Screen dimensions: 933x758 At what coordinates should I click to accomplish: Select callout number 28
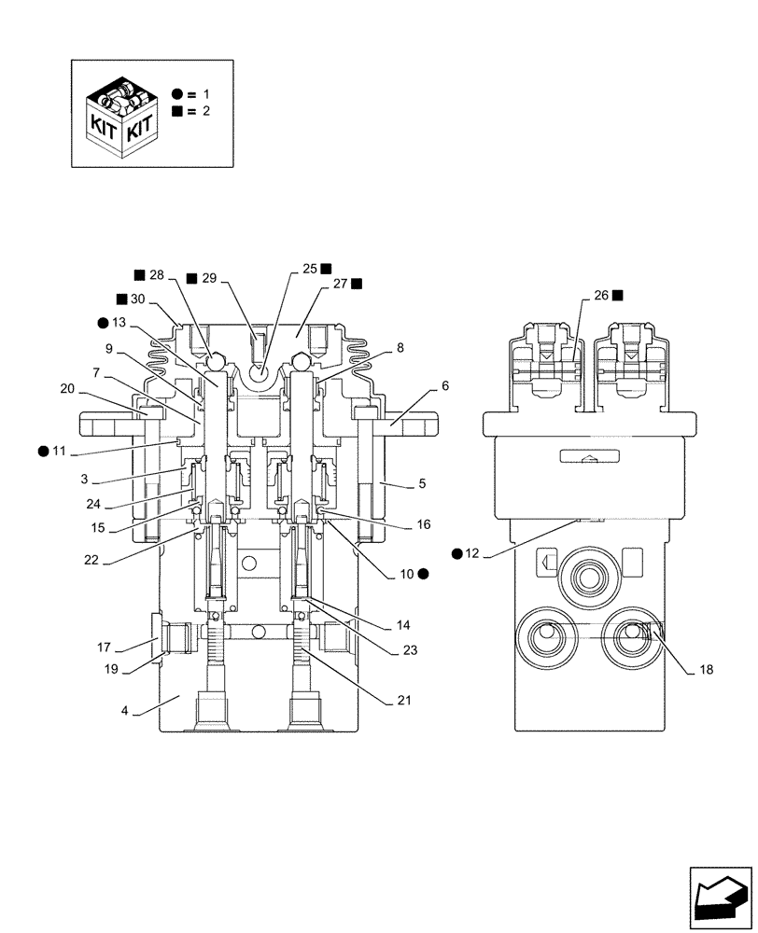click(155, 275)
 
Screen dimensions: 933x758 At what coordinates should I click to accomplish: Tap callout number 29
click(208, 278)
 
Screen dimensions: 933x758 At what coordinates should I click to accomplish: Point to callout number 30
click(138, 299)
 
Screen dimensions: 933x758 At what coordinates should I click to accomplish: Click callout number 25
click(310, 268)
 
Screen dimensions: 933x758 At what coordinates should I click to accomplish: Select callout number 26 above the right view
click(602, 295)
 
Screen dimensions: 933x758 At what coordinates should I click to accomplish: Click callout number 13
click(118, 323)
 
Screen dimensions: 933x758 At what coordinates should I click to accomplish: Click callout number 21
click(404, 699)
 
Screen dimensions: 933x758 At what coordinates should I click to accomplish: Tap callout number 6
click(444, 385)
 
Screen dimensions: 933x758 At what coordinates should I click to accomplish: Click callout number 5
click(422, 483)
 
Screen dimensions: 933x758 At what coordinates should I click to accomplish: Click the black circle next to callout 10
click(423, 574)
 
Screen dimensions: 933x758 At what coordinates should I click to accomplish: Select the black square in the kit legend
click(177, 111)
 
